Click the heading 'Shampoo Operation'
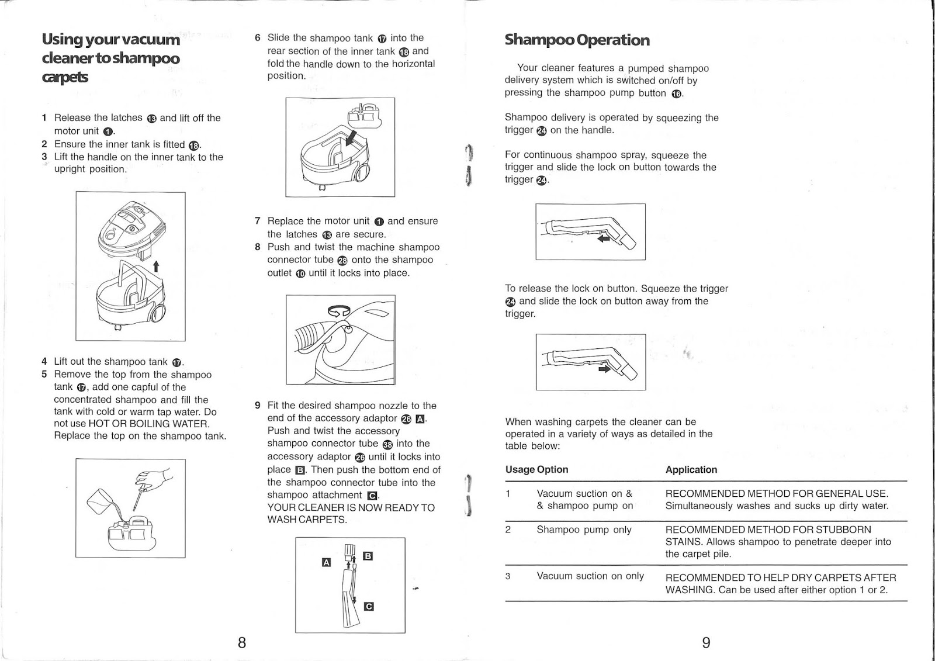[x=577, y=40]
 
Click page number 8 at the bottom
[x=242, y=643]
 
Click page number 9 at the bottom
[x=706, y=643]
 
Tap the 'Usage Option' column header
[x=536, y=469]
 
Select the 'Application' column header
[x=691, y=469]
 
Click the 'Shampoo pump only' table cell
[x=584, y=530]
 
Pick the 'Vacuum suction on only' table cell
[x=590, y=576]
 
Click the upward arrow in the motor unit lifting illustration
[x=156, y=267]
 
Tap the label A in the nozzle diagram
[x=327, y=562]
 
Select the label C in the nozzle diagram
[x=368, y=606]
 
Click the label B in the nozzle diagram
[x=368, y=556]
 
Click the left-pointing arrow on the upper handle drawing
[x=604, y=238]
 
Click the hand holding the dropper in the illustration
[x=157, y=478]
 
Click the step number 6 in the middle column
[x=258, y=38]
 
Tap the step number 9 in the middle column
[x=258, y=405]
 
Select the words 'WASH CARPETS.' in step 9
[x=307, y=520]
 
